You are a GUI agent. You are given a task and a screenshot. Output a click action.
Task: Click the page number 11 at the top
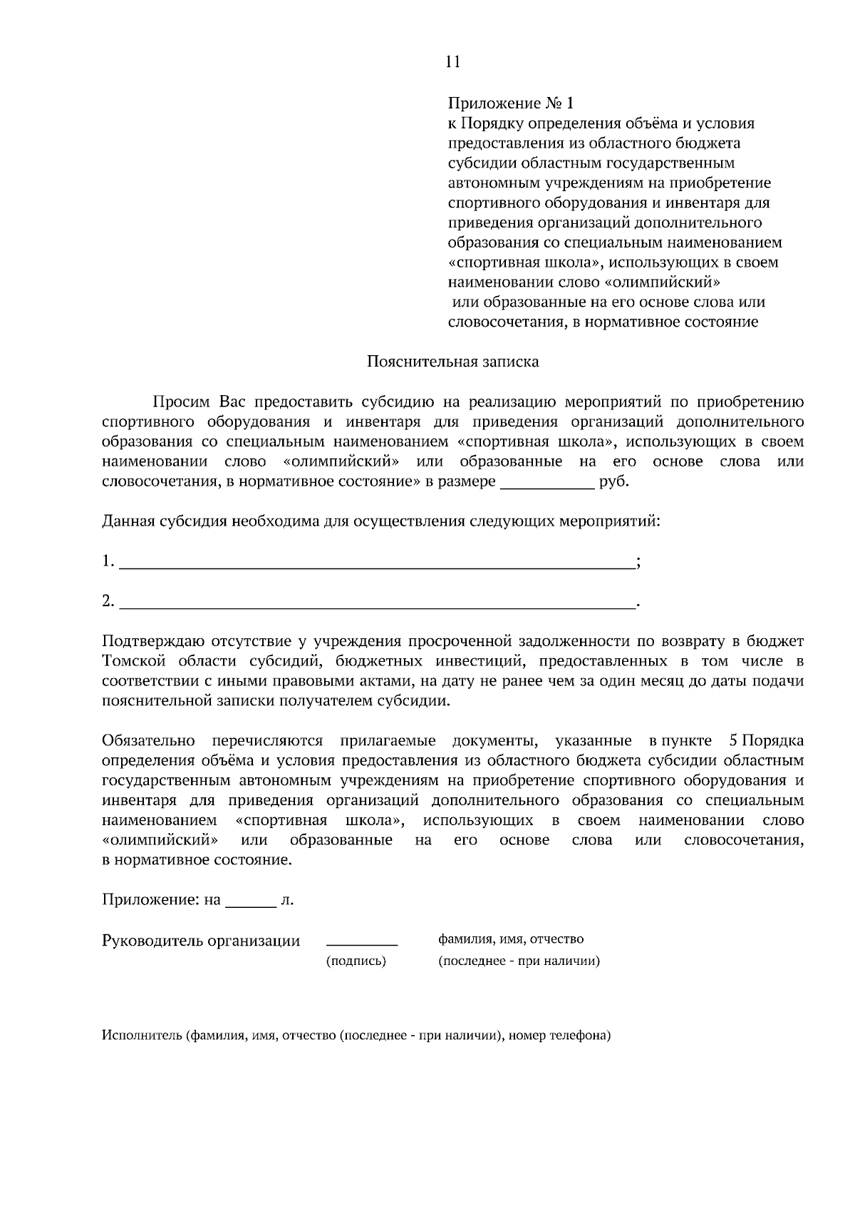(452, 62)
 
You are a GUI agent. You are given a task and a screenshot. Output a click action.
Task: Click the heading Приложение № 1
(510, 103)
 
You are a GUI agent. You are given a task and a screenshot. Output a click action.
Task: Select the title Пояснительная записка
(452, 362)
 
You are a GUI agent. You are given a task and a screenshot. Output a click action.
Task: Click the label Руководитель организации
(201, 941)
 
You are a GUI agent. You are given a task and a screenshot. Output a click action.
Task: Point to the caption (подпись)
(356, 961)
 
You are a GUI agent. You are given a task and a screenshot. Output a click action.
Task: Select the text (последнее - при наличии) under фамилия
(519, 961)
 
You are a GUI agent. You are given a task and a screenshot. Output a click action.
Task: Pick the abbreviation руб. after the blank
(614, 481)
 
